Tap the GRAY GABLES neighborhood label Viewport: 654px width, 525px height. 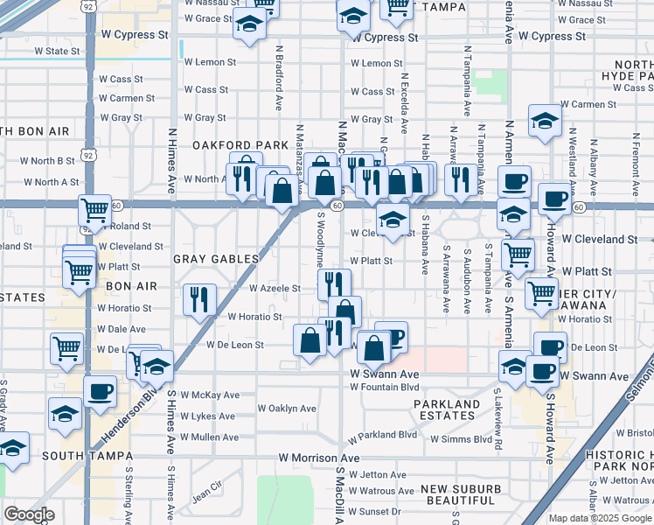tap(216, 259)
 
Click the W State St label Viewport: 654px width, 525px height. tap(57, 52)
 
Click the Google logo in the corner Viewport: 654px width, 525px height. tap(29, 514)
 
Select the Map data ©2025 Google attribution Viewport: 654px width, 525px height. tap(600, 518)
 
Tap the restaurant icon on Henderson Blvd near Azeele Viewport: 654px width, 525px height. tap(199, 298)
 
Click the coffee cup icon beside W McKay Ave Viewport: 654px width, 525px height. tap(100, 390)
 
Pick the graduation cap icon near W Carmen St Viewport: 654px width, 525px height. tap(544, 122)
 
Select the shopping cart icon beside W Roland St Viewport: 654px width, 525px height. tap(94, 209)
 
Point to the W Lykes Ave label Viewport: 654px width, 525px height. tap(210, 416)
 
